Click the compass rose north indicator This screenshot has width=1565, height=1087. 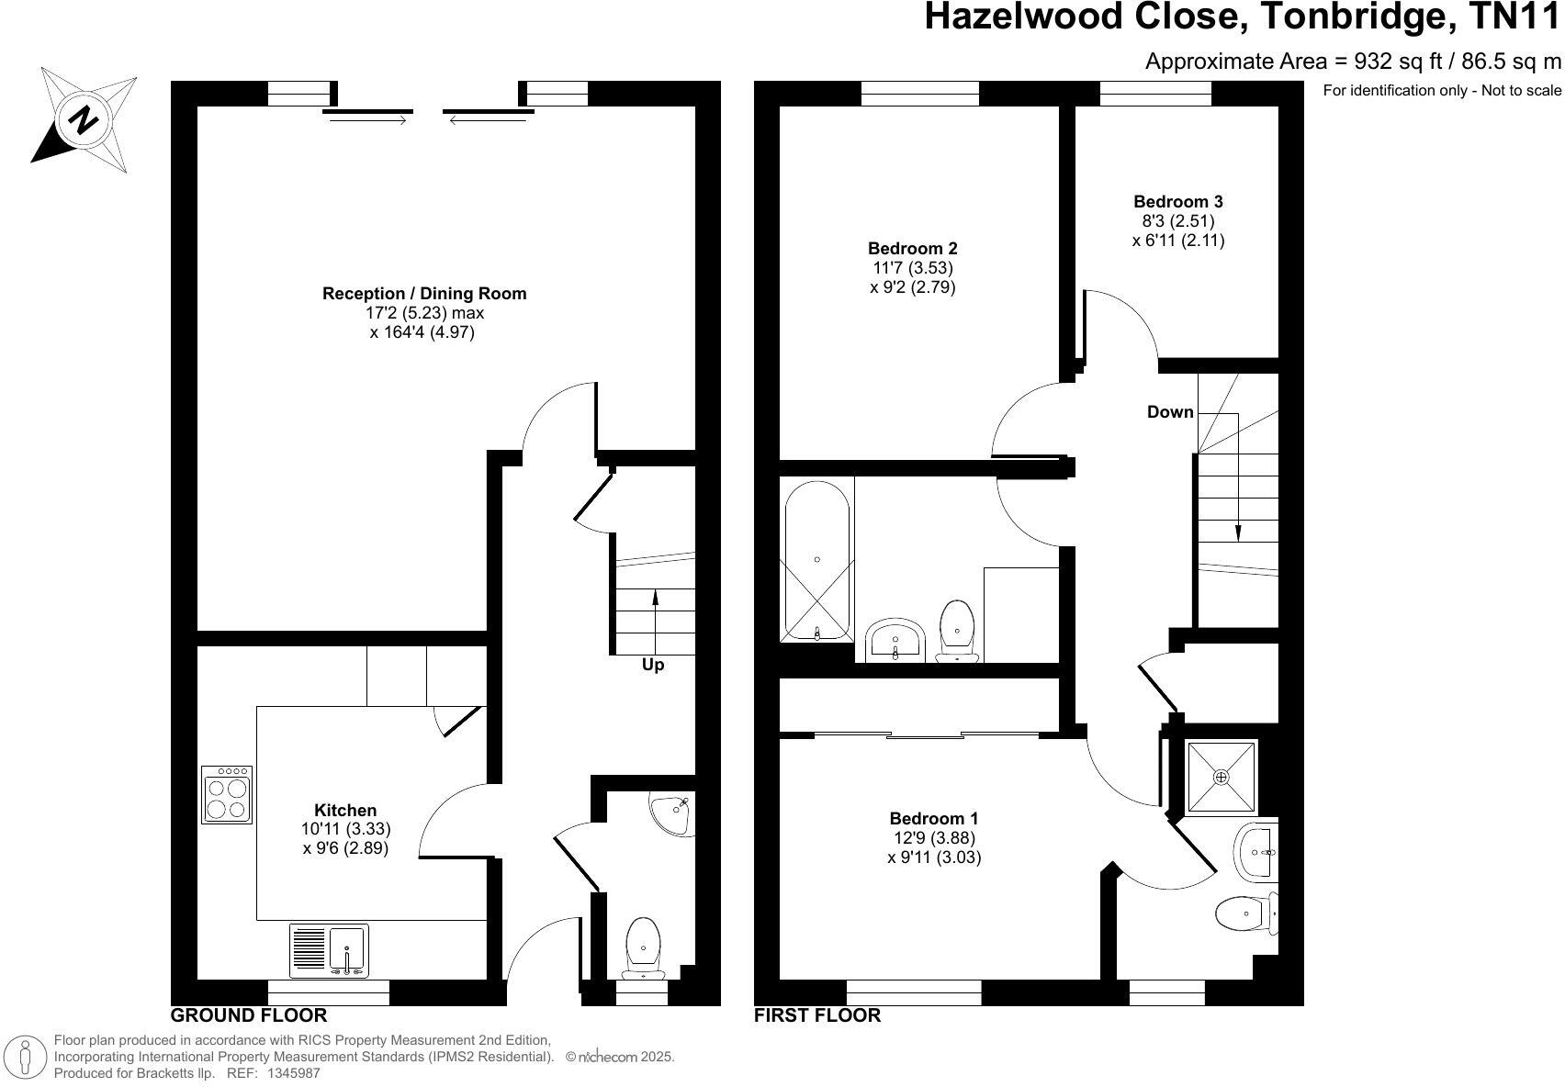(84, 119)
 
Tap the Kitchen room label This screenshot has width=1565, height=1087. (345, 810)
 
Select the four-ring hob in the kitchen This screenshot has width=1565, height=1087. (227, 795)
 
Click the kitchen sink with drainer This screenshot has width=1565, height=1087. (329, 950)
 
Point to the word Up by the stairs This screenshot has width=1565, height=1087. (653, 665)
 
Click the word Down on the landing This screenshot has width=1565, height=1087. (1170, 412)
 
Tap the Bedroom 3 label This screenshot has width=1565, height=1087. (1177, 202)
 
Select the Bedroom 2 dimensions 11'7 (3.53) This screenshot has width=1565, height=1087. (912, 268)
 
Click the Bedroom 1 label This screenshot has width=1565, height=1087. (934, 818)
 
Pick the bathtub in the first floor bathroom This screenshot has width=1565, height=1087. (816, 560)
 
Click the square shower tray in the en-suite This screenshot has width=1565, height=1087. (1221, 777)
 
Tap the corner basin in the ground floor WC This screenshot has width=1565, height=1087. (674, 812)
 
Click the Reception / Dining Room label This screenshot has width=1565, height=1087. (424, 294)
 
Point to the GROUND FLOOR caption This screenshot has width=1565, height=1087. (249, 1015)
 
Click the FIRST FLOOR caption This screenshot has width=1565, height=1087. (816, 1015)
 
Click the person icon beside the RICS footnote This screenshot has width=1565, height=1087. (26, 1058)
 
